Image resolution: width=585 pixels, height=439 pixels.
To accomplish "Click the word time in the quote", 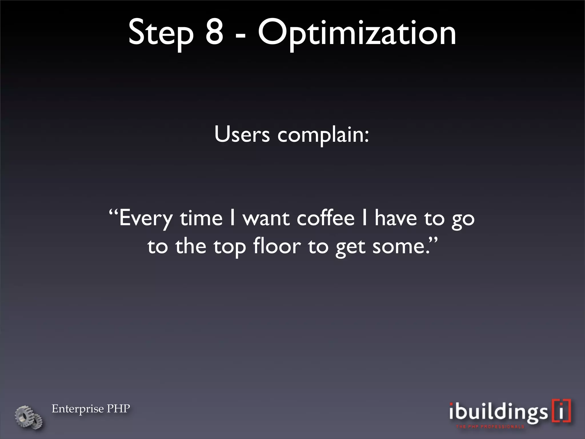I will tap(201, 218).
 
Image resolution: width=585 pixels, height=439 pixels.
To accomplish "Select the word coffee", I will tap(326, 218).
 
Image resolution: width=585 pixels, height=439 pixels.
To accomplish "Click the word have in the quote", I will tap(396, 218).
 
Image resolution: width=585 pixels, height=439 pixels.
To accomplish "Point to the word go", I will tap(463, 220).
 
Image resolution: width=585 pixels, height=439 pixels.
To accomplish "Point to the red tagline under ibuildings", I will tap(490, 427).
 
